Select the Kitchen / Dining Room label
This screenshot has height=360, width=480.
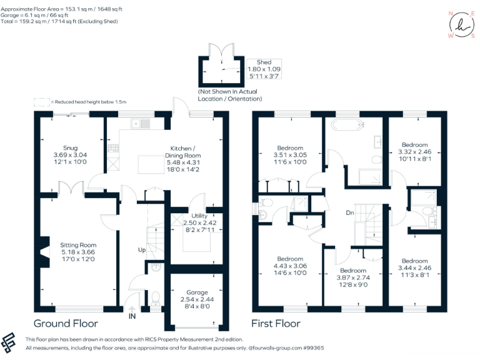pos(183,151)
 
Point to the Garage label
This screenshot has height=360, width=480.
pos(196,292)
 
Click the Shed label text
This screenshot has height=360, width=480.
pos(264,62)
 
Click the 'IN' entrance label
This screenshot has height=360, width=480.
pos(132,317)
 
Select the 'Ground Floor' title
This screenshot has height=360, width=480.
pos(66,323)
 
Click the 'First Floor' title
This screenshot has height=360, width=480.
pos(276,323)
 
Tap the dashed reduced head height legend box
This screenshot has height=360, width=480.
pos(41,101)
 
